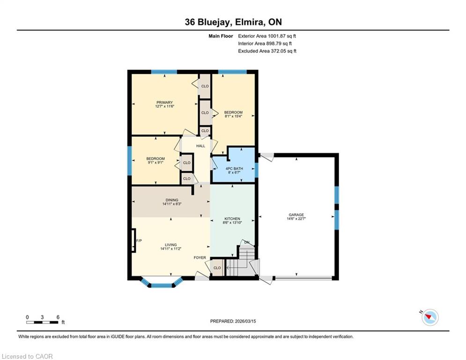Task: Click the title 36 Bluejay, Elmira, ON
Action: [233, 22]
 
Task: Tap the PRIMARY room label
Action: [165, 102]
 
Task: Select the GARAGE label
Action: [296, 215]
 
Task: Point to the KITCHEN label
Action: [232, 219]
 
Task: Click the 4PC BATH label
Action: [234, 168]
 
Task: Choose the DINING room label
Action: [172, 200]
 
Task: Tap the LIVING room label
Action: [171, 245]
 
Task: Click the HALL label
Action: [200, 146]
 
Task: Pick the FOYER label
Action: [200, 258]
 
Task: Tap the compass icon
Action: [430, 317]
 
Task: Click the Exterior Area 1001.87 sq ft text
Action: [267, 36]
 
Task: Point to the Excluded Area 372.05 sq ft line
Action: [267, 51]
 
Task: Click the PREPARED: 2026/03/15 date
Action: [233, 321]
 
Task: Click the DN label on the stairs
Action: [247, 242]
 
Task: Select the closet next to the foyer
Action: [217, 268]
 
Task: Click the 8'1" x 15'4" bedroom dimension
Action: [233, 116]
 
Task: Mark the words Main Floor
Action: [221, 36]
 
